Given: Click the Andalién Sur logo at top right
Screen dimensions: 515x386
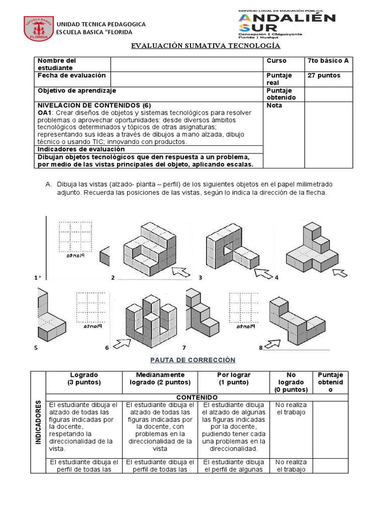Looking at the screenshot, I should [x=286, y=24].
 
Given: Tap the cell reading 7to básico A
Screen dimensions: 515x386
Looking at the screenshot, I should [x=328, y=61].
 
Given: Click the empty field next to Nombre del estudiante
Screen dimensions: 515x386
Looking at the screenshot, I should [x=187, y=64].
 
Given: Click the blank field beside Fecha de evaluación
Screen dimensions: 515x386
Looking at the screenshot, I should [x=187, y=78].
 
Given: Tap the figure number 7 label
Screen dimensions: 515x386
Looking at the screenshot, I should [x=184, y=348].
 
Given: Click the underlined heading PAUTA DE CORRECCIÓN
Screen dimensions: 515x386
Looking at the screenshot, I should [x=193, y=360].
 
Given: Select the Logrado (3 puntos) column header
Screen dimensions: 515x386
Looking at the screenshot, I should [x=84, y=378].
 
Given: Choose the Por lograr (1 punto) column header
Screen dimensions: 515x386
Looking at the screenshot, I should [x=233, y=378].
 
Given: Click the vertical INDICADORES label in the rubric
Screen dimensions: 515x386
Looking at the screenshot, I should [x=38, y=422].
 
